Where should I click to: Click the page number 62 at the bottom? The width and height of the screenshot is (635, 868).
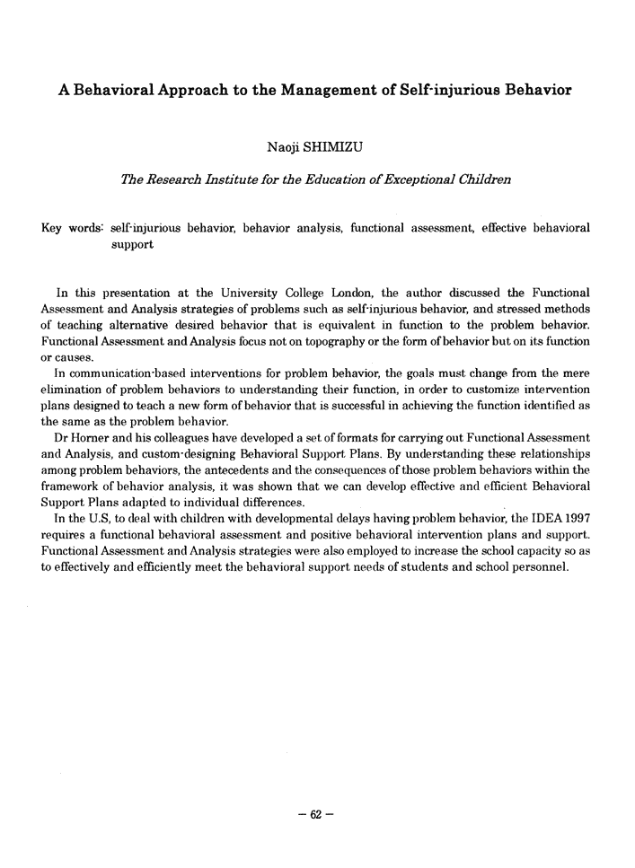[x=316, y=816]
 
